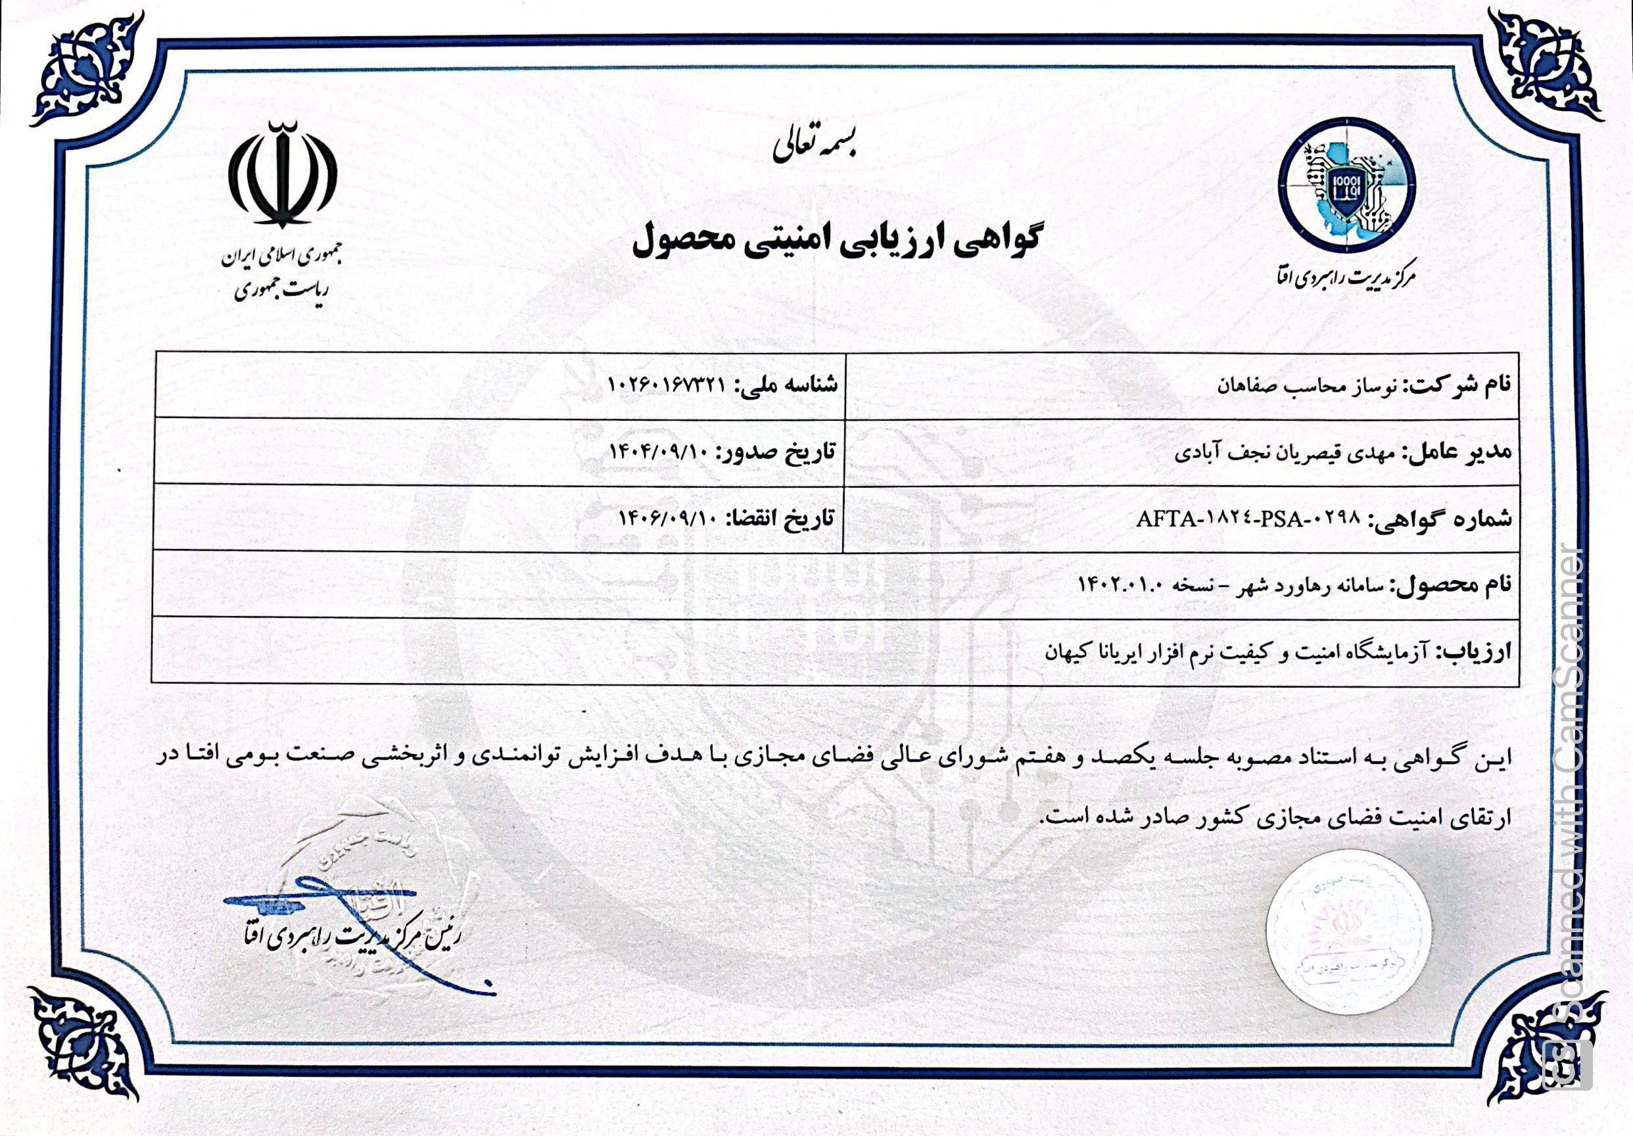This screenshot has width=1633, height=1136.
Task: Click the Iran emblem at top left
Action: point(283,175)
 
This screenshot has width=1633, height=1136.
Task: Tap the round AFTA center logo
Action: point(1346,193)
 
